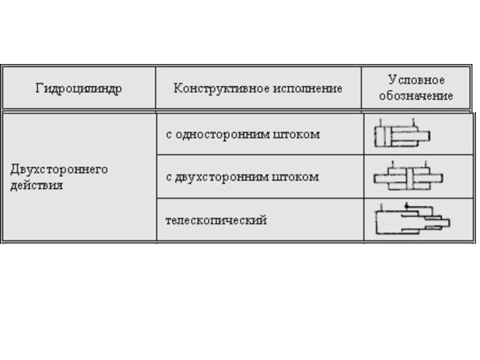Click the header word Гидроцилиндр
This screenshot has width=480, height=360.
point(79,89)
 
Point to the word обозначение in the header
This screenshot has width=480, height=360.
point(416,96)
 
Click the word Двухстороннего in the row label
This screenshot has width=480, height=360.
point(59,170)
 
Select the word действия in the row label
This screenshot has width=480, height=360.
point(37,185)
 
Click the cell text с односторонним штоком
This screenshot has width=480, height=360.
point(243,134)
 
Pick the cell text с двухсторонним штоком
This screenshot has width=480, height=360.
point(242,177)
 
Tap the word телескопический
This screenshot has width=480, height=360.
point(216,220)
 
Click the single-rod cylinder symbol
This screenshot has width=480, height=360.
point(402,136)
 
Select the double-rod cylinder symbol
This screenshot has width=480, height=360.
point(409,177)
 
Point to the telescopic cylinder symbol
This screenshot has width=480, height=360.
point(412,220)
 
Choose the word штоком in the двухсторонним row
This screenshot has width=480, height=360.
point(299,177)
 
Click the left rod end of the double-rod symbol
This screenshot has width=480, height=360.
point(380,178)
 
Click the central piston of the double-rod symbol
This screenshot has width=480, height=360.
point(409,178)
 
